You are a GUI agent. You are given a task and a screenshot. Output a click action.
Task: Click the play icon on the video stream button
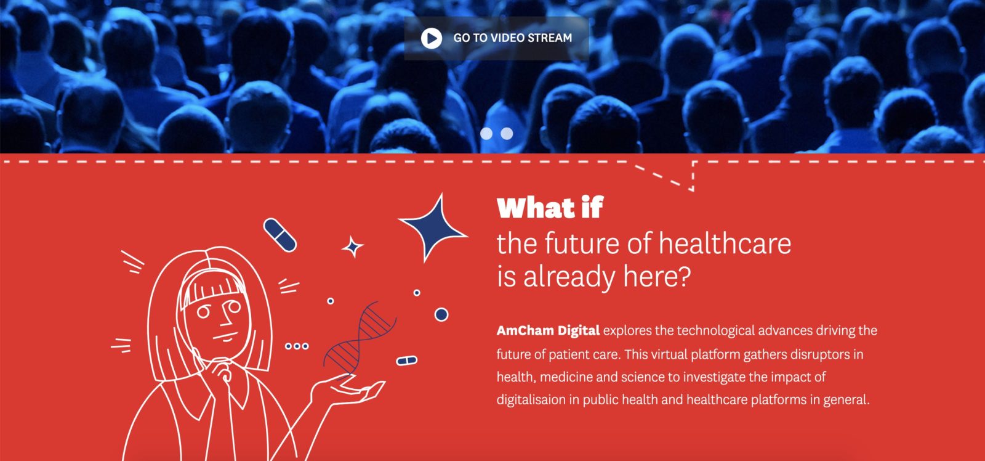tap(432, 38)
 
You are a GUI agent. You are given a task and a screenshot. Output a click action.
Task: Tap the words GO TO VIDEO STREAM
tap(513, 38)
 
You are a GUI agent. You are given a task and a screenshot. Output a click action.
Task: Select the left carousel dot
tap(486, 133)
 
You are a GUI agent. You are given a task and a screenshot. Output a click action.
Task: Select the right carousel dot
tap(507, 133)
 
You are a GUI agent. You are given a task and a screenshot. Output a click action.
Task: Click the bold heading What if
tap(550, 208)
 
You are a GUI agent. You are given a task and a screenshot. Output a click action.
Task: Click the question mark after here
tap(683, 277)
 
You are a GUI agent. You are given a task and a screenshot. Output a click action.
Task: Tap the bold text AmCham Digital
tap(548, 330)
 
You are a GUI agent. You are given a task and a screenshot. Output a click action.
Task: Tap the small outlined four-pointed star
tap(353, 247)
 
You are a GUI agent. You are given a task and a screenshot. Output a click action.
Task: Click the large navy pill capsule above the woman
tap(279, 235)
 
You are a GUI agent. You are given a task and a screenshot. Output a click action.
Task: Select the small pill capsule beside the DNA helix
tap(407, 361)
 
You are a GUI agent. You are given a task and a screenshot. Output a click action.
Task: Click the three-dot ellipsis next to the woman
tap(297, 346)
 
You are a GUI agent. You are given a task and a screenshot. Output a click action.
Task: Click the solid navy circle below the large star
tap(441, 314)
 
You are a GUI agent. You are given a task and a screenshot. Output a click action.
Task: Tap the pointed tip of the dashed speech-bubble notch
tap(693, 190)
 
